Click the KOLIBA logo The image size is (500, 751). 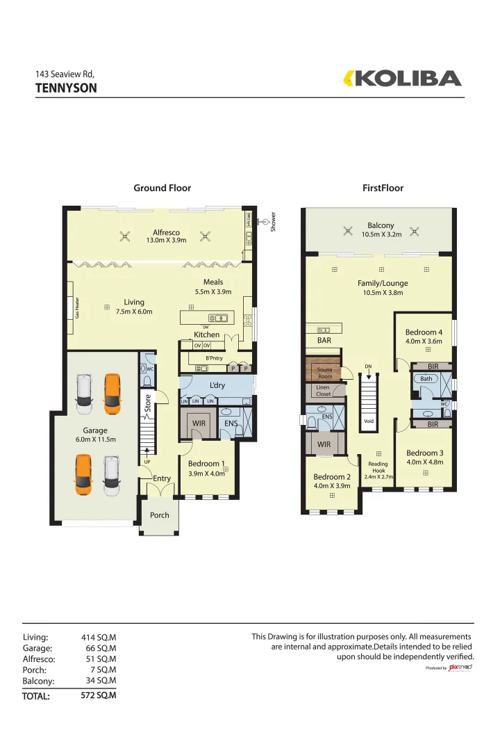pyautogui.click(x=403, y=79)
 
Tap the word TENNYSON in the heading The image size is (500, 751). pyautogui.click(x=66, y=88)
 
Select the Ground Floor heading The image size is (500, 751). pyautogui.click(x=162, y=188)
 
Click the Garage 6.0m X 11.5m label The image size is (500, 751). pyautogui.click(x=95, y=435)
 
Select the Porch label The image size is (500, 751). pyautogui.click(x=159, y=515)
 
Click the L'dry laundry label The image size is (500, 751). pyautogui.click(x=217, y=385)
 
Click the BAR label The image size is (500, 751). pyautogui.click(x=324, y=341)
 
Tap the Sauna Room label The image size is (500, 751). pyautogui.click(x=324, y=373)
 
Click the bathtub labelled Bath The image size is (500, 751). pyautogui.click(x=426, y=379)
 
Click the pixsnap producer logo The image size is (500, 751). pyautogui.click(x=460, y=667)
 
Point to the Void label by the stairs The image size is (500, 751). pyautogui.click(x=369, y=421)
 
